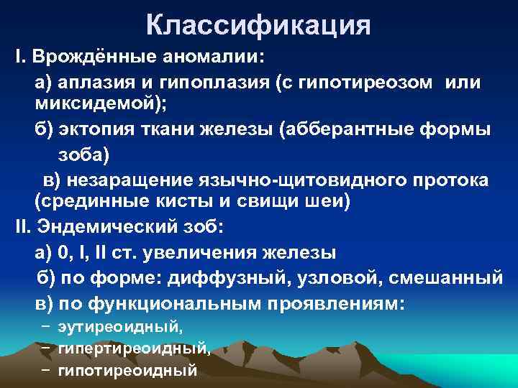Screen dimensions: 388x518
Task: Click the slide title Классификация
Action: (x=258, y=26)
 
